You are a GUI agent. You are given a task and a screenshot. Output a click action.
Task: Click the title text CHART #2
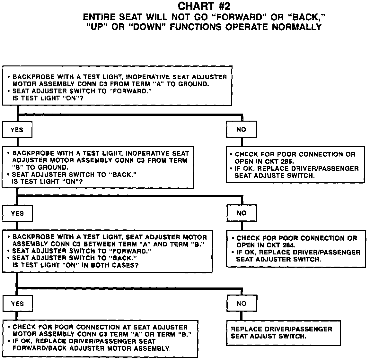click(204, 6)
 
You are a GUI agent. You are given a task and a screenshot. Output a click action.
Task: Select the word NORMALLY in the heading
click(297, 27)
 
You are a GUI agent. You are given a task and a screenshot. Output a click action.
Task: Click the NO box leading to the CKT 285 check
click(241, 129)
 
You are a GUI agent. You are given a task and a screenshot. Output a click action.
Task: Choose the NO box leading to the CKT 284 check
click(241, 213)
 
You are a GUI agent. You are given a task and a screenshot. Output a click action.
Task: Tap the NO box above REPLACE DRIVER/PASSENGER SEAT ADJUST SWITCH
click(241, 304)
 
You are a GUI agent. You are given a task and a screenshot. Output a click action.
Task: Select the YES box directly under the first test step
click(17, 130)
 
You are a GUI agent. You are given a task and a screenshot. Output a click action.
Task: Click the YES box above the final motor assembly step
click(17, 304)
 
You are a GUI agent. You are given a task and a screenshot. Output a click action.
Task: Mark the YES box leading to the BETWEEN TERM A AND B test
click(17, 213)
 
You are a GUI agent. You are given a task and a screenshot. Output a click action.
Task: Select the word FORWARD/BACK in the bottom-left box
click(36, 348)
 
